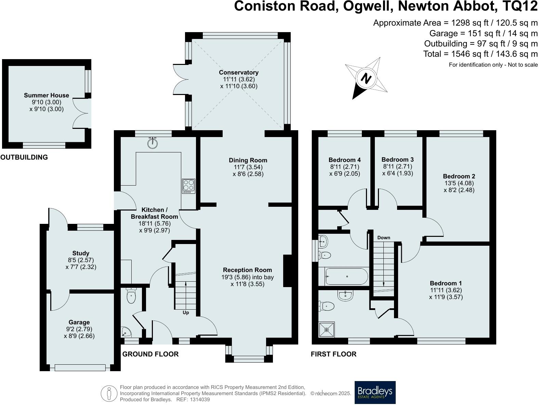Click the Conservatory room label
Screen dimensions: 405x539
(239, 72)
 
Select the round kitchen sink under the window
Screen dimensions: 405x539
(153, 143)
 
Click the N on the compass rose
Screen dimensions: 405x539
(366, 79)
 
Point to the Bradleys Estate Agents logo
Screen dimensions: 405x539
(375, 392)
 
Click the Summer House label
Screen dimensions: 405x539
(47, 95)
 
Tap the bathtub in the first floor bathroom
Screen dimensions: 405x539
(346, 276)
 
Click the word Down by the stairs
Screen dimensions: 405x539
(384, 238)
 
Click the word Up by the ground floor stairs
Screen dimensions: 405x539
(186, 312)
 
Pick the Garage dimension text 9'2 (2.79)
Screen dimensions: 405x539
(79, 329)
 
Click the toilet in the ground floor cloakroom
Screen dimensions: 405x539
(131, 296)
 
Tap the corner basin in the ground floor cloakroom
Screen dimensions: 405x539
(126, 332)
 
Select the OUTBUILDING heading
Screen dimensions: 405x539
(24, 157)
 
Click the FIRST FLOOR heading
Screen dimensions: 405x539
(333, 354)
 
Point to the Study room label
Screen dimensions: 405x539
(81, 253)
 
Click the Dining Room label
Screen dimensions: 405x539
(248, 160)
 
